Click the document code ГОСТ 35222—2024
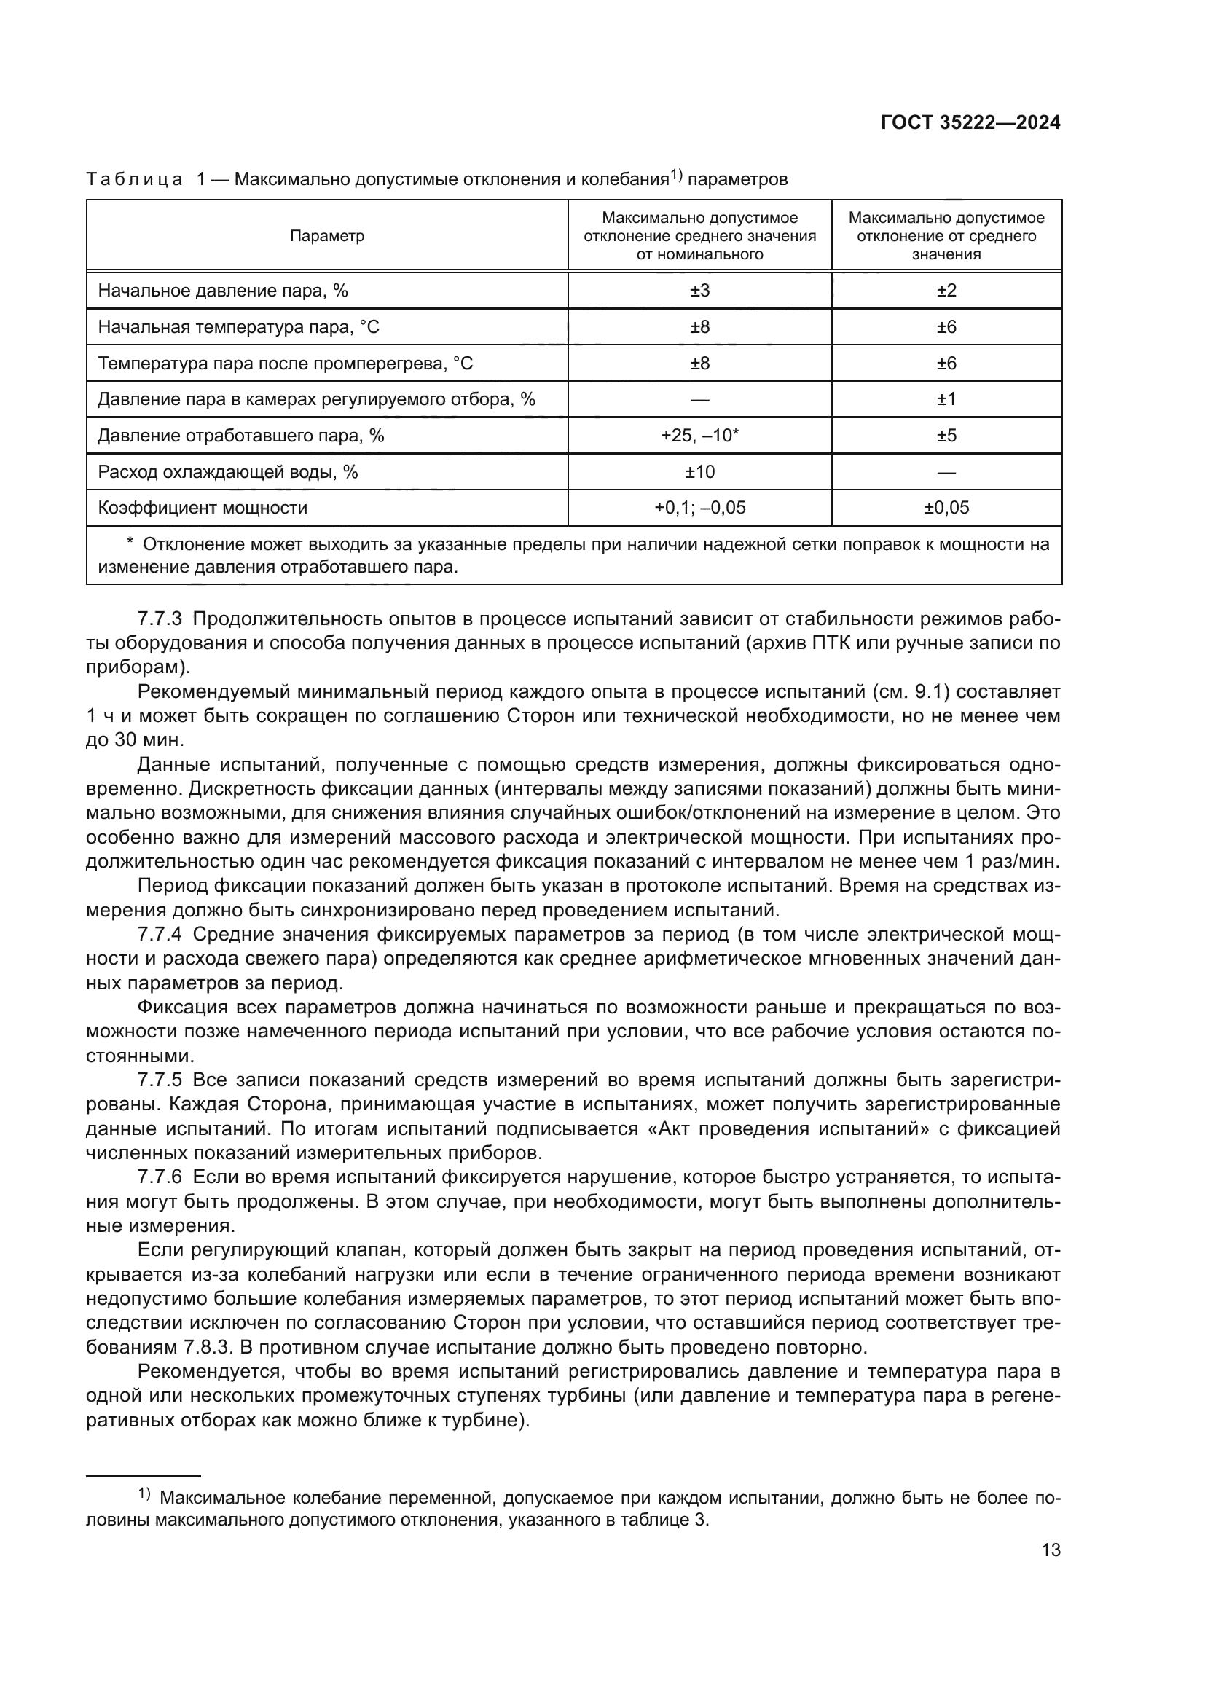970,123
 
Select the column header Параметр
327,236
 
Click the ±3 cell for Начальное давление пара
699,291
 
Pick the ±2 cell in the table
946,291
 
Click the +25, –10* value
699,436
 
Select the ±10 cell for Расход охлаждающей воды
699,472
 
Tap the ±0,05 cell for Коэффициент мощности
946,508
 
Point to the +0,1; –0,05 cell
699,508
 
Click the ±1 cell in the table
946,399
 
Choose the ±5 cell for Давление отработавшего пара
946,436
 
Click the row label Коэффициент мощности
203,508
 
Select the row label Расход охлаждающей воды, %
228,472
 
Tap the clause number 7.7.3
160,619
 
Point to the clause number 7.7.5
160,1080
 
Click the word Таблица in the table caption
134,180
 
